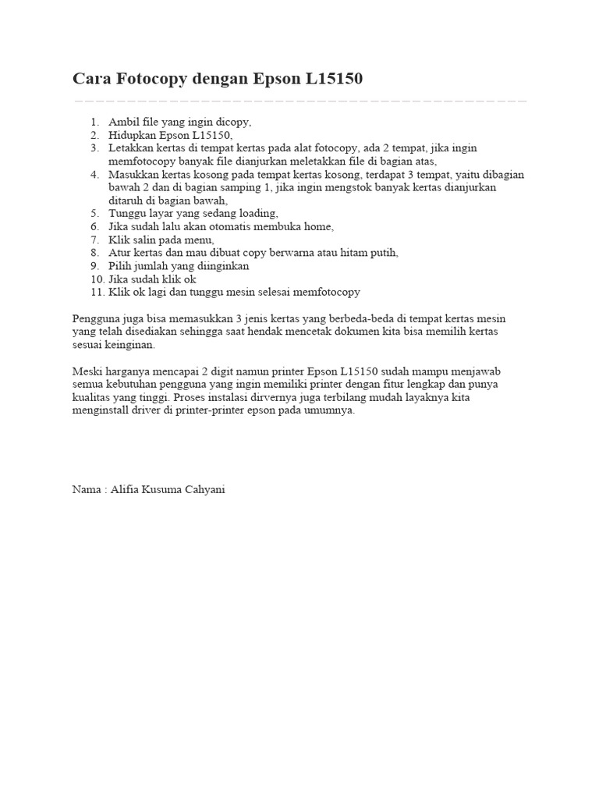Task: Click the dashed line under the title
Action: click(299, 101)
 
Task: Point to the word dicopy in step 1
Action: click(233, 123)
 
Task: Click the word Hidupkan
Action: click(132, 135)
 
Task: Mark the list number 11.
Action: click(96, 292)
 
